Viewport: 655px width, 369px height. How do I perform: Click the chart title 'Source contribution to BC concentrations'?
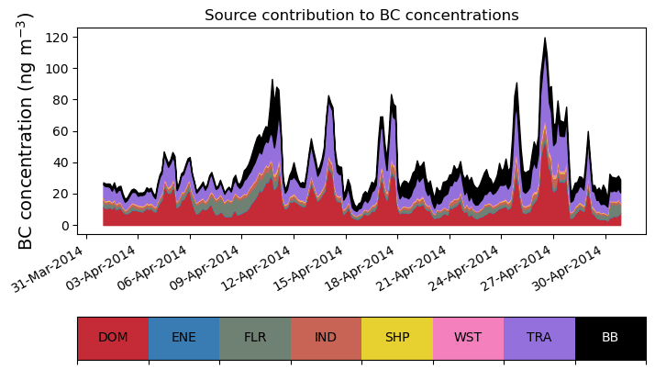[361, 16]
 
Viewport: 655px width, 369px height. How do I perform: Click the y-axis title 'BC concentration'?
[26, 130]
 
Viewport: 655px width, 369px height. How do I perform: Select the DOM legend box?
[113, 338]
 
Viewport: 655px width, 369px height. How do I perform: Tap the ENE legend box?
[183, 338]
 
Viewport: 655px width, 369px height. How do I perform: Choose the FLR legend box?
[255, 338]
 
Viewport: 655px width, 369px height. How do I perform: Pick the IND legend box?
[326, 338]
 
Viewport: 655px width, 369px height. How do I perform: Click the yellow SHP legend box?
[397, 338]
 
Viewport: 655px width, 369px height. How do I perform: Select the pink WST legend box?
[468, 338]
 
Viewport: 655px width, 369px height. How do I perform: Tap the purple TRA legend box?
[539, 338]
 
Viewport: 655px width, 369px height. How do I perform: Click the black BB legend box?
[610, 338]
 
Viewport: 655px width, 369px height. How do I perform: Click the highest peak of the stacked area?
[545, 39]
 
